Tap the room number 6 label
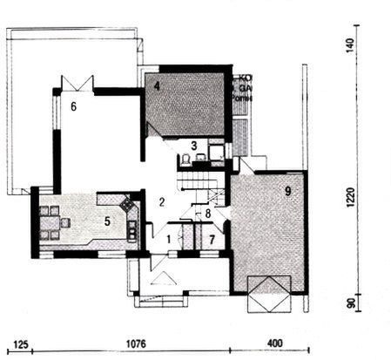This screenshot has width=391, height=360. click(x=74, y=106)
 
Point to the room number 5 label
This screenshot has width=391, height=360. click(x=107, y=221)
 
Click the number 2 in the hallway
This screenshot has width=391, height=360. click(x=161, y=202)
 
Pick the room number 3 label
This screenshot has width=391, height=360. click(x=195, y=145)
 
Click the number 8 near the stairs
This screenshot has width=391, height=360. click(x=208, y=213)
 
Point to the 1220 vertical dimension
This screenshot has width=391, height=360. click(x=350, y=199)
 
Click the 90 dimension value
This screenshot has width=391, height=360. click(x=350, y=304)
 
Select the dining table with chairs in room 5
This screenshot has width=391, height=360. click(x=53, y=222)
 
